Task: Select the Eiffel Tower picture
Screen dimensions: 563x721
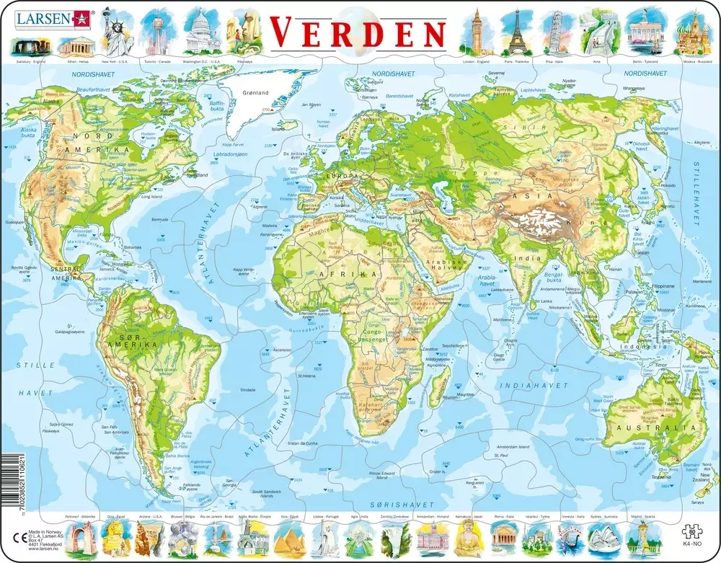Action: point(515,32)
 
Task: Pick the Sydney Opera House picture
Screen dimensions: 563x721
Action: point(601,536)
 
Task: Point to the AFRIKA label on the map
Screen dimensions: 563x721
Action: point(353,275)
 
